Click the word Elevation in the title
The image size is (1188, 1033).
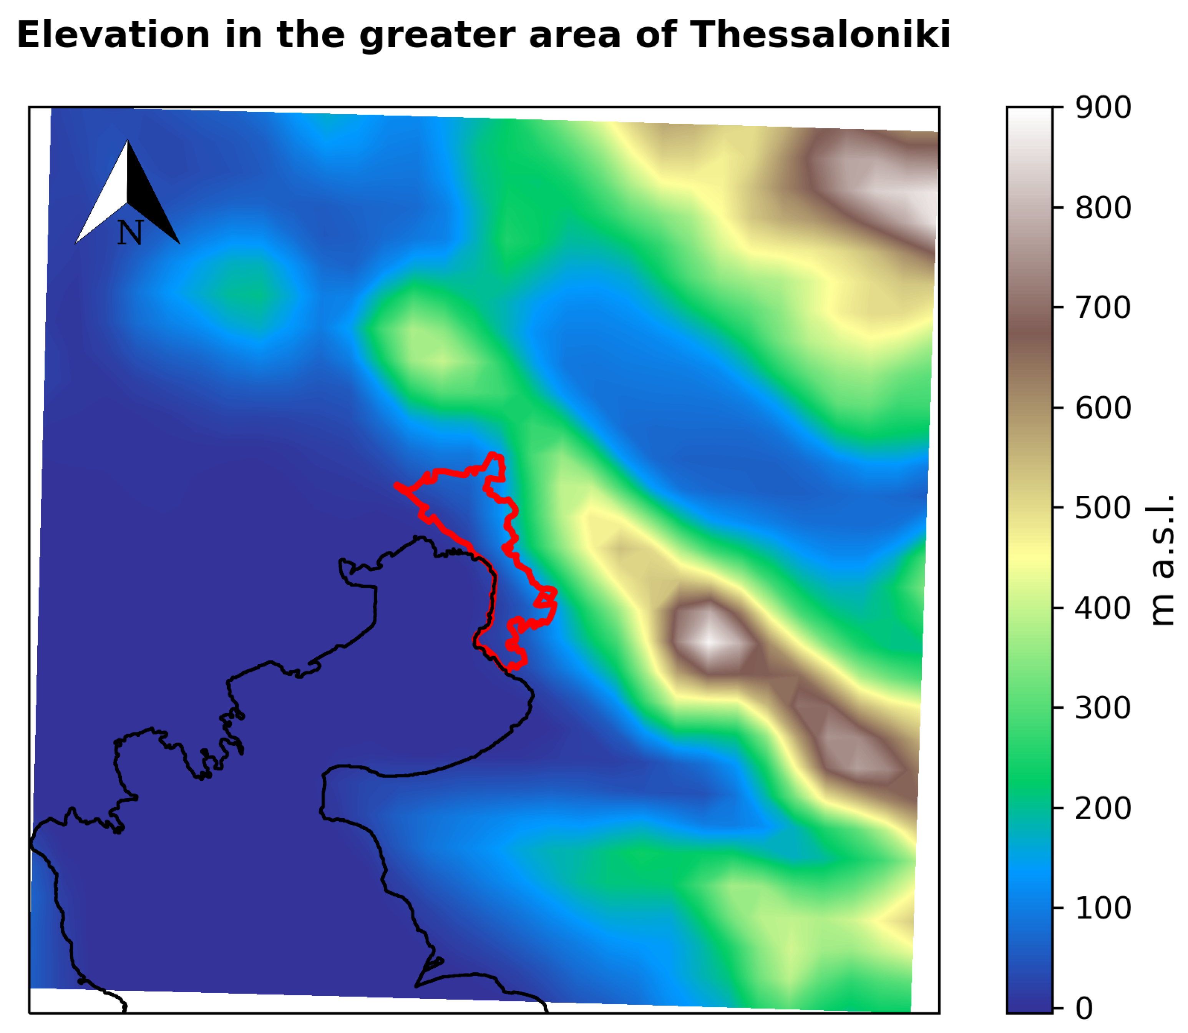click(x=113, y=35)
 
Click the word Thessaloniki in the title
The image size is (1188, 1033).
click(x=819, y=35)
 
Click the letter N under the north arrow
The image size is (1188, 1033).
click(x=130, y=233)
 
